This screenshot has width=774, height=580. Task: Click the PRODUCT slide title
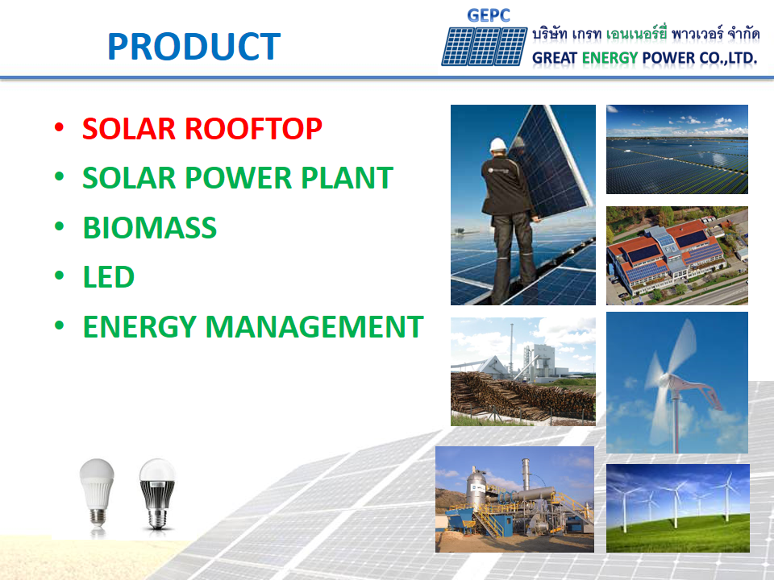[193, 48]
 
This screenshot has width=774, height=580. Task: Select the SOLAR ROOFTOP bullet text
[202, 129]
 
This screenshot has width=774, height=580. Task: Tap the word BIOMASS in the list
[150, 228]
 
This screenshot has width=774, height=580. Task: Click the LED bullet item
[108, 277]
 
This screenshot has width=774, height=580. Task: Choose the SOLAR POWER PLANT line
[238, 178]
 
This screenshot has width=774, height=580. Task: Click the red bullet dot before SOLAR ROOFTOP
[58, 129]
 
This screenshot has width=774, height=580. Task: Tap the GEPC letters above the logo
[489, 15]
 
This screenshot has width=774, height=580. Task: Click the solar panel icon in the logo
[484, 46]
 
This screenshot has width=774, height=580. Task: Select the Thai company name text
[644, 35]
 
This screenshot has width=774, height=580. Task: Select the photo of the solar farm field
[676, 149]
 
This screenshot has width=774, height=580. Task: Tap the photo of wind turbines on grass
[677, 508]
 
